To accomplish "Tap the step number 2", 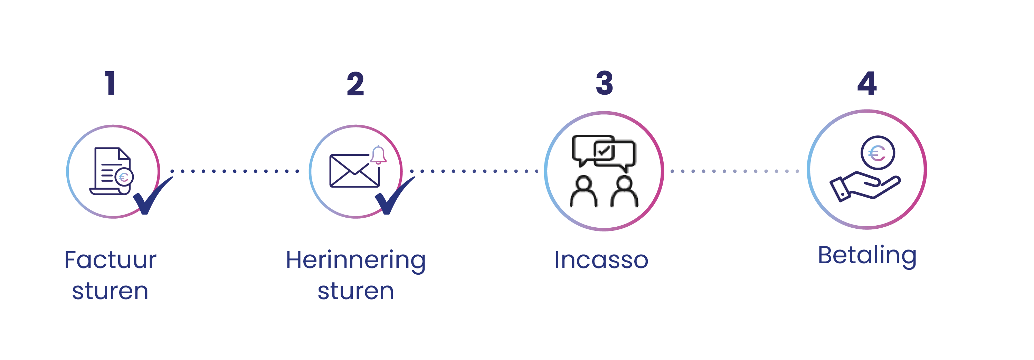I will [355, 84].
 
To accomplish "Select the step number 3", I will [604, 83].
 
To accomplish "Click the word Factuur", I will [111, 260].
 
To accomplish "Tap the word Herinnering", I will [355, 260].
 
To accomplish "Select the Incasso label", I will [601, 260].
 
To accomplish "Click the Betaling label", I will [867, 255].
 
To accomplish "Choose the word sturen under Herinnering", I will [355, 291].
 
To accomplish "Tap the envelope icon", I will [354, 171].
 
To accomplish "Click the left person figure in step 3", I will [583, 192].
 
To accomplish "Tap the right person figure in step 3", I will [624, 192].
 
